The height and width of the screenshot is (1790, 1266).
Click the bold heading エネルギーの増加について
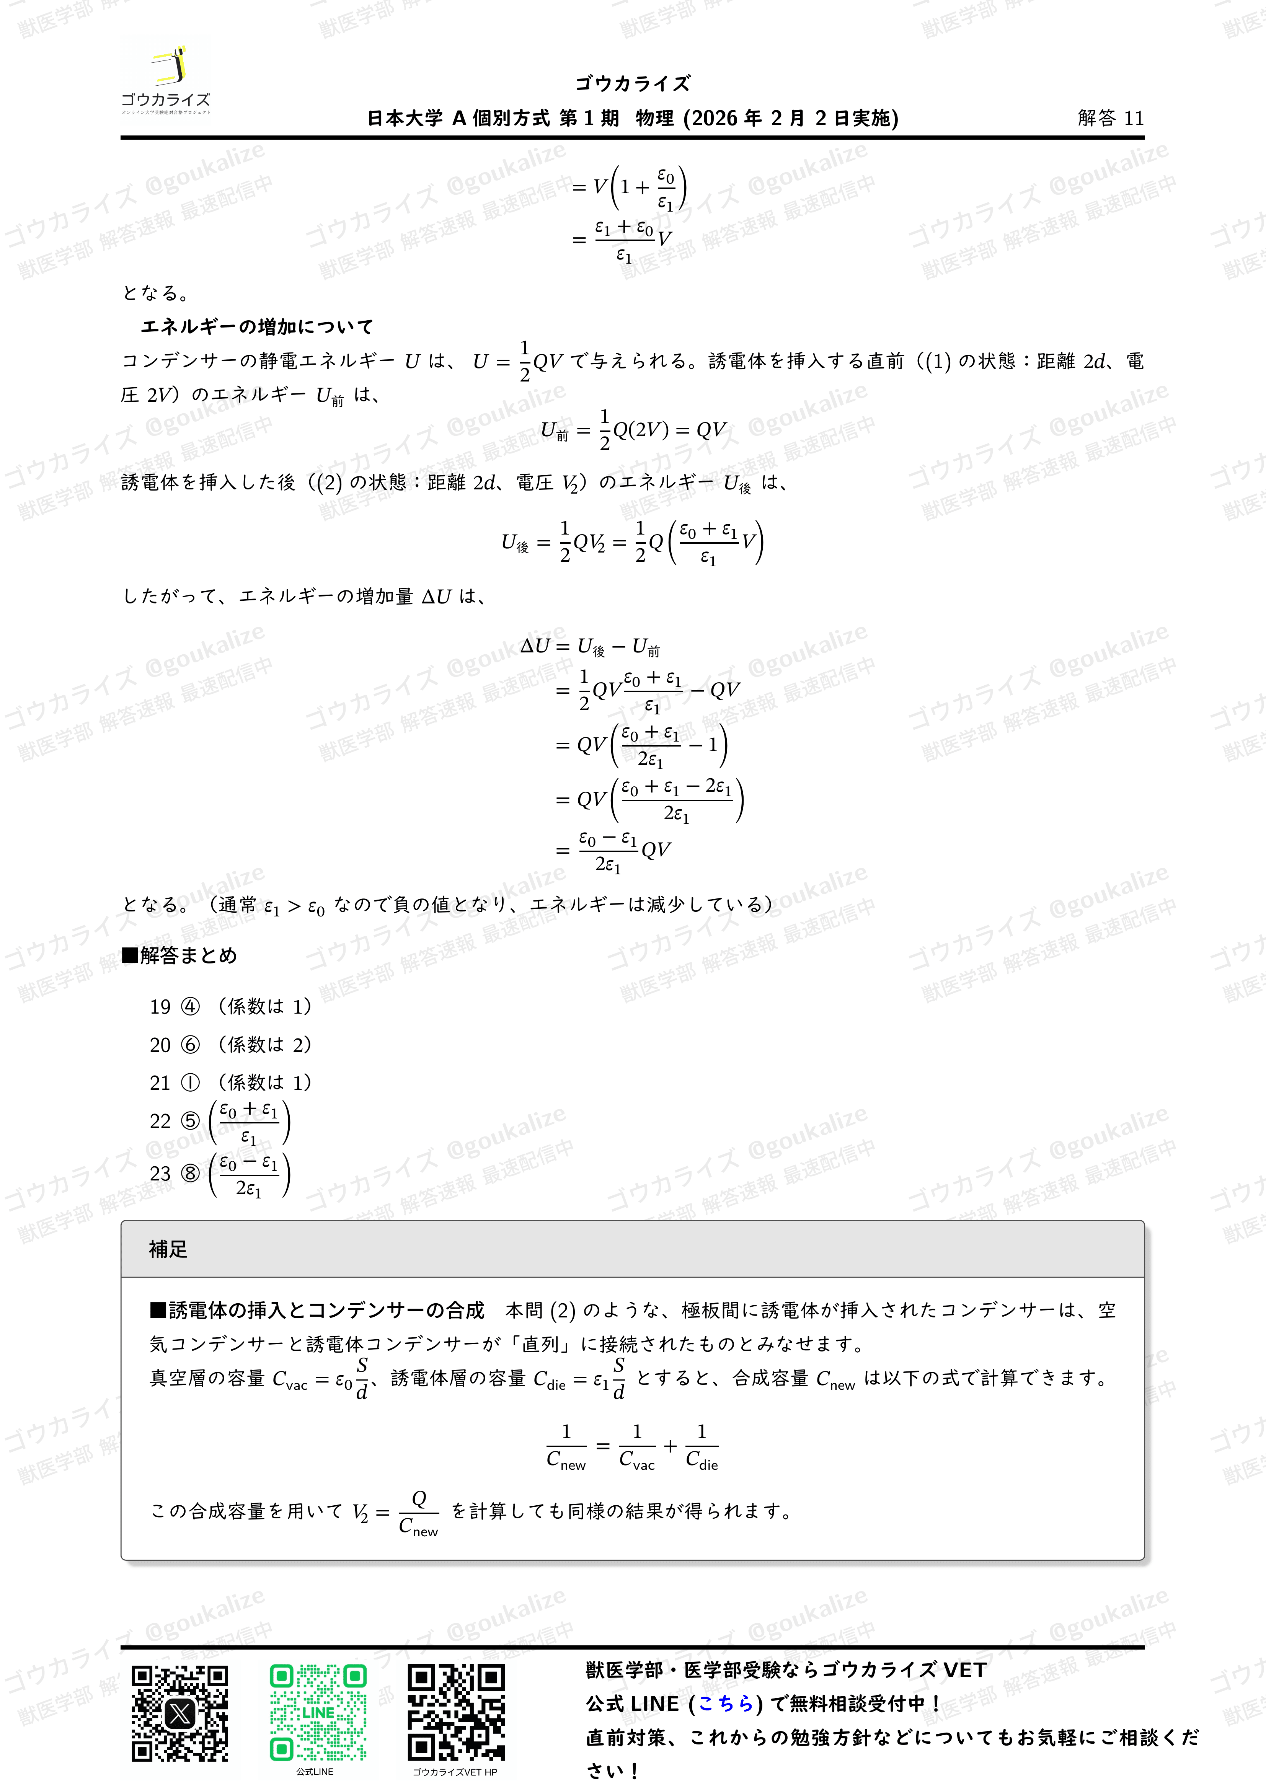pos(257,327)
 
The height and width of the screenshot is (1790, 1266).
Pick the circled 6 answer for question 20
pos(190,1045)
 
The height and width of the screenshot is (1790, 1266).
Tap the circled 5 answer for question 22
pos(190,1121)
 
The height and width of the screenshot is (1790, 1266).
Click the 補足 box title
pos(168,1250)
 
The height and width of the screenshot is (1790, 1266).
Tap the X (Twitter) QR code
pos(180,1713)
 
